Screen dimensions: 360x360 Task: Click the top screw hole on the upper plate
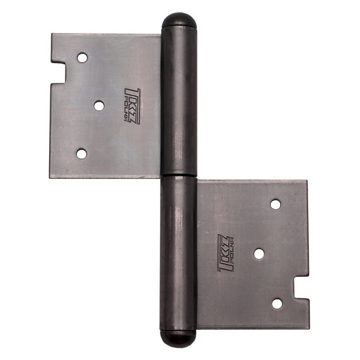click(82, 57)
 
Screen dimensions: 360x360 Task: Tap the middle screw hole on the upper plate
click(99, 105)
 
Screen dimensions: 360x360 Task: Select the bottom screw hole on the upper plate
click(82, 154)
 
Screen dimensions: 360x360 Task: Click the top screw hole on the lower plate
click(276, 204)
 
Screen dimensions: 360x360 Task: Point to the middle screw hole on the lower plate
click(259, 253)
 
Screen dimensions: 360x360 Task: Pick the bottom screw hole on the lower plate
click(277, 303)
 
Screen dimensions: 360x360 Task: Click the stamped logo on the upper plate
click(132, 105)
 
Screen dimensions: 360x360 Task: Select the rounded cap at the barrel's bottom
click(178, 337)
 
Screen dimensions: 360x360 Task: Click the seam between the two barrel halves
click(179, 175)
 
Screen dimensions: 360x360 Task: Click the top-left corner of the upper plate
click(52, 35)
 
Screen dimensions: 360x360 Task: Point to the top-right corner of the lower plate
click(306, 181)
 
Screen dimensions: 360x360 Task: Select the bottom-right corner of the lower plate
click(309, 328)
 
